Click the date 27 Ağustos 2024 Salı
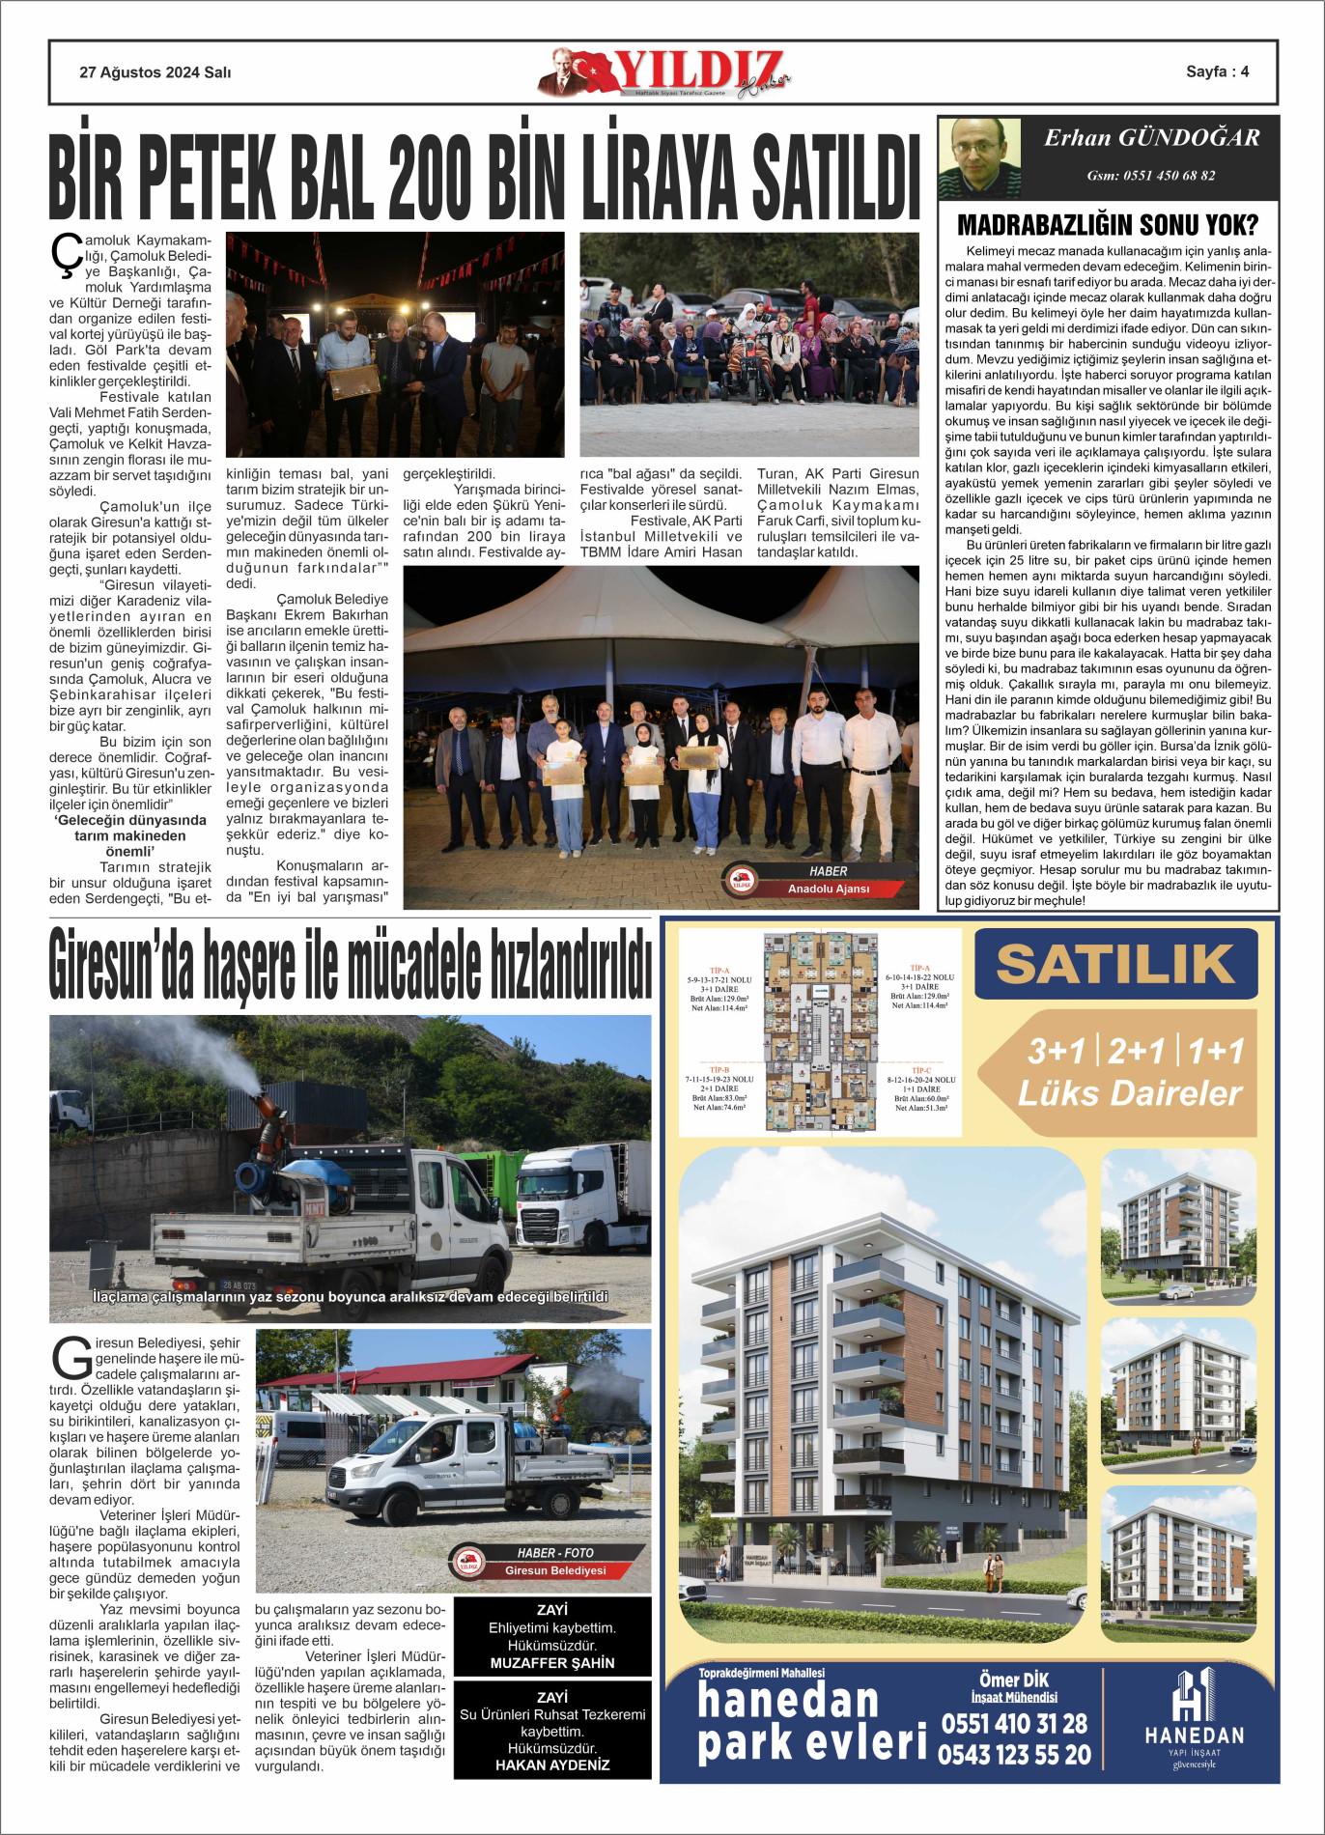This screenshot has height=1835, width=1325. (x=155, y=72)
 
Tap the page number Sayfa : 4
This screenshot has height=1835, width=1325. (x=1217, y=71)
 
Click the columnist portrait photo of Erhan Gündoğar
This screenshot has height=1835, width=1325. (x=979, y=157)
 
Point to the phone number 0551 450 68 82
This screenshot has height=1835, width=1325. (x=1151, y=176)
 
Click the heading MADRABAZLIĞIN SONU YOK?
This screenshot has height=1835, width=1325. (x=1108, y=225)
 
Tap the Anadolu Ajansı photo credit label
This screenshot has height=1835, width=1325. (x=828, y=889)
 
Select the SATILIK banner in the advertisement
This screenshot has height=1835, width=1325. (x=1115, y=963)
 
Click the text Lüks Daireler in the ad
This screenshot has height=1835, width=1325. (x=1130, y=1093)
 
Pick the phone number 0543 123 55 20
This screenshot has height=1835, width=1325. (x=1014, y=1755)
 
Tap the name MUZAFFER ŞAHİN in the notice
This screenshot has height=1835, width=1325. (x=552, y=1663)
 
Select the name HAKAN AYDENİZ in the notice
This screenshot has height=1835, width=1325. (x=552, y=1764)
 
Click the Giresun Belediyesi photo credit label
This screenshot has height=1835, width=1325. (x=555, y=1570)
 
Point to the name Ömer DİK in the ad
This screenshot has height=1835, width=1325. (x=1014, y=1680)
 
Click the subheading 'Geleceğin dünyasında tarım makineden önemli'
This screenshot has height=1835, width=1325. (x=130, y=835)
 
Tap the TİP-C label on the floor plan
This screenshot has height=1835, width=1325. (x=921, y=1070)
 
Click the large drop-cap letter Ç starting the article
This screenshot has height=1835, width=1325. (x=66, y=256)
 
